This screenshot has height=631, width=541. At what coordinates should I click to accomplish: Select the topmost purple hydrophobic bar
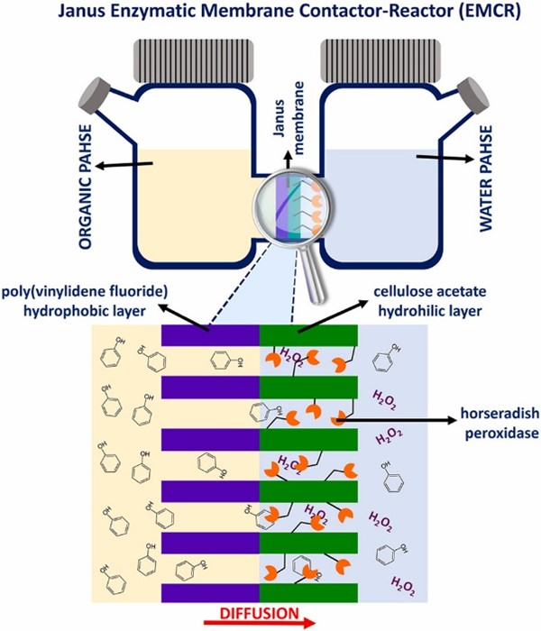(210, 335)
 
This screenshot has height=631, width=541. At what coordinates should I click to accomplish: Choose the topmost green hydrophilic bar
(308, 335)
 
